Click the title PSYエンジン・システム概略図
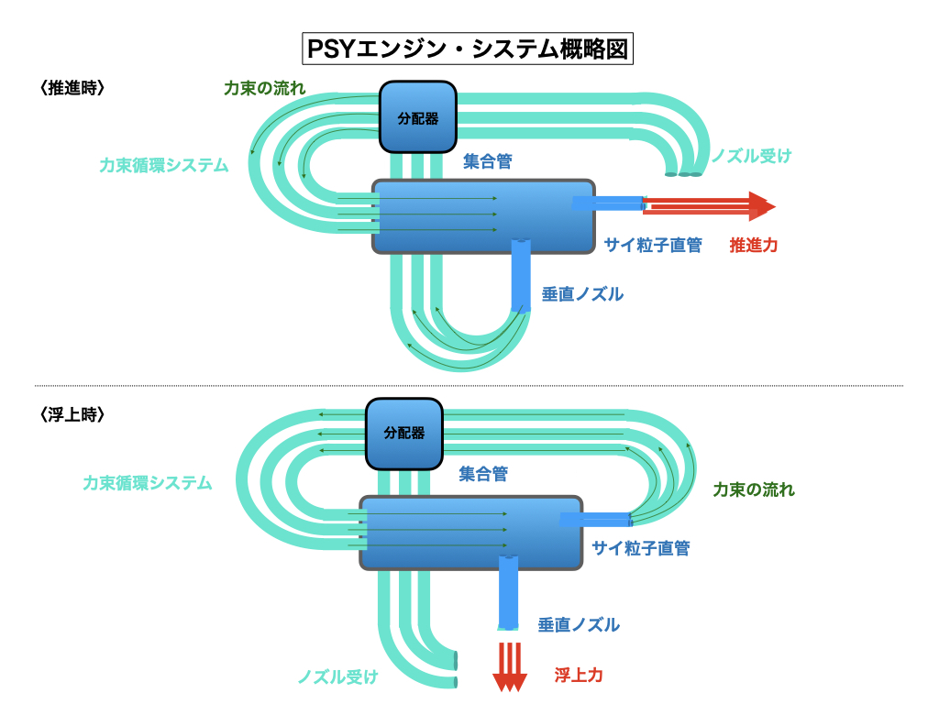468,49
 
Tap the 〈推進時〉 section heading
72,88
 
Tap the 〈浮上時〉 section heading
72,414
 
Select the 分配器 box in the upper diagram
417,117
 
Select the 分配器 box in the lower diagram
404,433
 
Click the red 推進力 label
754,246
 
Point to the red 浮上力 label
579,676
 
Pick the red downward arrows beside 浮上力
510,666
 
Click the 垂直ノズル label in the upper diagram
582,294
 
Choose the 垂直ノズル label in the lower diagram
579,625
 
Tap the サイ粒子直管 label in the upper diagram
653,246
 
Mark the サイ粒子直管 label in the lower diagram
641,549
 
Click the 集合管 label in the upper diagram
487,162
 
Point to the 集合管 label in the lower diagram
483,475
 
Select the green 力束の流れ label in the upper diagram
265,89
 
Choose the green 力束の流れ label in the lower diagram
754,489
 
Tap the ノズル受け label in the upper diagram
751,156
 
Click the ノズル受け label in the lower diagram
337,676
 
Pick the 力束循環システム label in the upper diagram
164,166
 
